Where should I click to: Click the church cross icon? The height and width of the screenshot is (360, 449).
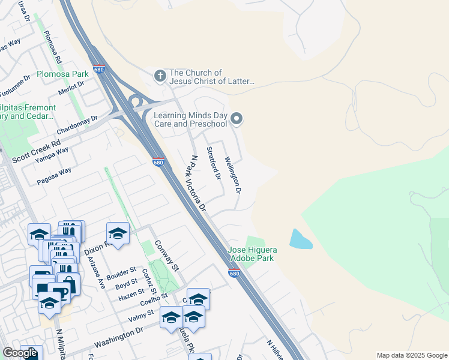(x=160, y=76)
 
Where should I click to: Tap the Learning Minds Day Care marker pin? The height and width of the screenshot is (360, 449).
(x=237, y=118)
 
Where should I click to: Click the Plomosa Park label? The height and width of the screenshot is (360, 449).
(x=62, y=74)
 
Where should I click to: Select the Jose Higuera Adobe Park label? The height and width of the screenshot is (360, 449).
(x=251, y=254)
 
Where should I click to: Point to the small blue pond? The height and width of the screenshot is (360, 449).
(x=300, y=239)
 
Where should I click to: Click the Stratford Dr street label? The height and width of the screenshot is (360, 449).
(x=214, y=163)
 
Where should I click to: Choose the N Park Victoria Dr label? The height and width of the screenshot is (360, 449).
(x=197, y=184)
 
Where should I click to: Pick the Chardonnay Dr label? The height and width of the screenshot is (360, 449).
(x=77, y=124)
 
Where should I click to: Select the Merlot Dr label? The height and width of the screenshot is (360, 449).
(x=71, y=88)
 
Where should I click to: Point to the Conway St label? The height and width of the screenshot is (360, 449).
(x=167, y=255)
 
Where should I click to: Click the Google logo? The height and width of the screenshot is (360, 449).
(x=20, y=353)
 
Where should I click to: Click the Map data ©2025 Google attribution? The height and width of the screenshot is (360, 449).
(x=412, y=355)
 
